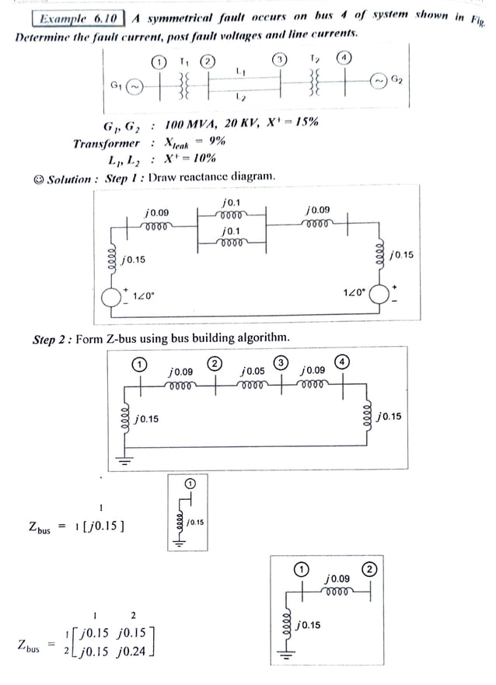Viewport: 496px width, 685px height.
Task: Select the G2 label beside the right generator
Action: tap(396, 79)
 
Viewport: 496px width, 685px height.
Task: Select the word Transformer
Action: tap(107, 143)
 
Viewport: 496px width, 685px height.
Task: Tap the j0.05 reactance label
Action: tap(253, 372)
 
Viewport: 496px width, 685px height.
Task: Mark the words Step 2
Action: tap(53, 338)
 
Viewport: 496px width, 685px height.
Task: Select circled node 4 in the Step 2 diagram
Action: tap(341, 363)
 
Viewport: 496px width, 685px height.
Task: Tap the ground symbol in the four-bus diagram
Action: tap(121, 465)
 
